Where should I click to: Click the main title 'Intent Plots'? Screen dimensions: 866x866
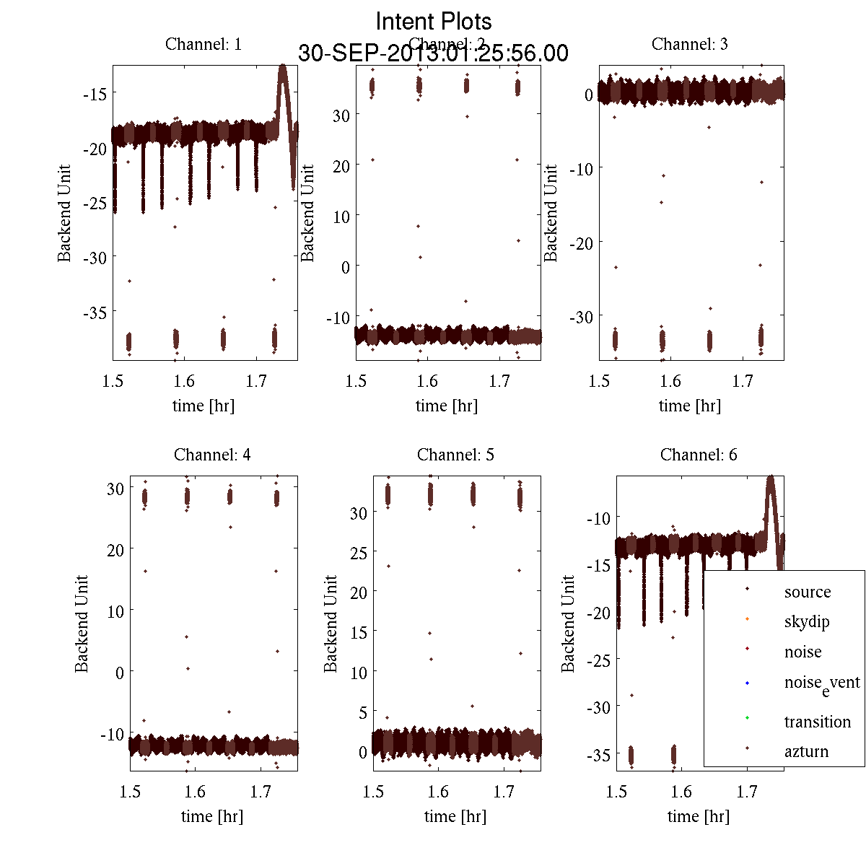[434, 21]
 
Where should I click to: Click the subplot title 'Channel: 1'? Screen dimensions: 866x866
[203, 44]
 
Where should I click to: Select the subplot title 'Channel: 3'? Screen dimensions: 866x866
[689, 44]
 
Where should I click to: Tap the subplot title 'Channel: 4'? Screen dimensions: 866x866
[212, 455]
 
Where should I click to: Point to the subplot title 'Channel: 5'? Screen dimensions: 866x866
[455, 455]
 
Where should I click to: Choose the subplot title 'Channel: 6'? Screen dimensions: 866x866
[699, 455]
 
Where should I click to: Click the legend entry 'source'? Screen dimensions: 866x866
[807, 592]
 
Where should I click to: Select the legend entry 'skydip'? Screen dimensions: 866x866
[807, 621]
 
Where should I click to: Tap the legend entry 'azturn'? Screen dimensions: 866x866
[806, 751]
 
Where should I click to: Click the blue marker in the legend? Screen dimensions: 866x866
[747, 683]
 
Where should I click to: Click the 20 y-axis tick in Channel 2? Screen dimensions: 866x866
[341, 166]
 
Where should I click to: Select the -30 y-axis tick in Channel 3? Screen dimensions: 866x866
[582, 317]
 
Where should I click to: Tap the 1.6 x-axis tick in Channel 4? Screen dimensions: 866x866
[195, 792]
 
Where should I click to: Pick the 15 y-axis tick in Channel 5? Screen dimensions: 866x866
[358, 632]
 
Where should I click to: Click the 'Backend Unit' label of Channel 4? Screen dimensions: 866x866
[82, 624]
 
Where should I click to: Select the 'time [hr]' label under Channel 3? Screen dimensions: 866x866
[689, 406]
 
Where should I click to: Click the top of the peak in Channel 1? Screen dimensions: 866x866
[282, 66]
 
